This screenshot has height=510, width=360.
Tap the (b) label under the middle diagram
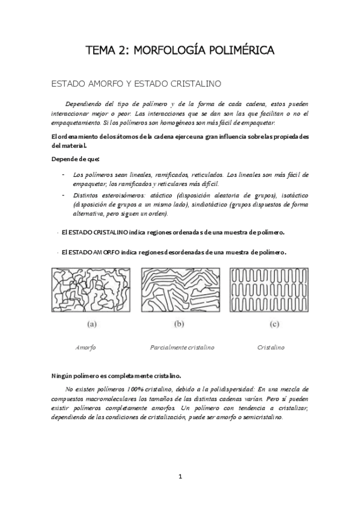click(179, 325)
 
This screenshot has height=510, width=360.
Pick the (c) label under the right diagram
click(275, 325)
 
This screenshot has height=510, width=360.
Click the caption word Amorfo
click(85, 348)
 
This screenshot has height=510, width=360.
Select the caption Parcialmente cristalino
click(182, 348)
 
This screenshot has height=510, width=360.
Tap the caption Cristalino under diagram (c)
click(271, 348)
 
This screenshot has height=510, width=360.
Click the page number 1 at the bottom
click(180, 477)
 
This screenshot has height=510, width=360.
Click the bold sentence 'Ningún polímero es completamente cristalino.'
click(117, 375)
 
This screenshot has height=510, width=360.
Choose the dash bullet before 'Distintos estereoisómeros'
click(64, 195)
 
